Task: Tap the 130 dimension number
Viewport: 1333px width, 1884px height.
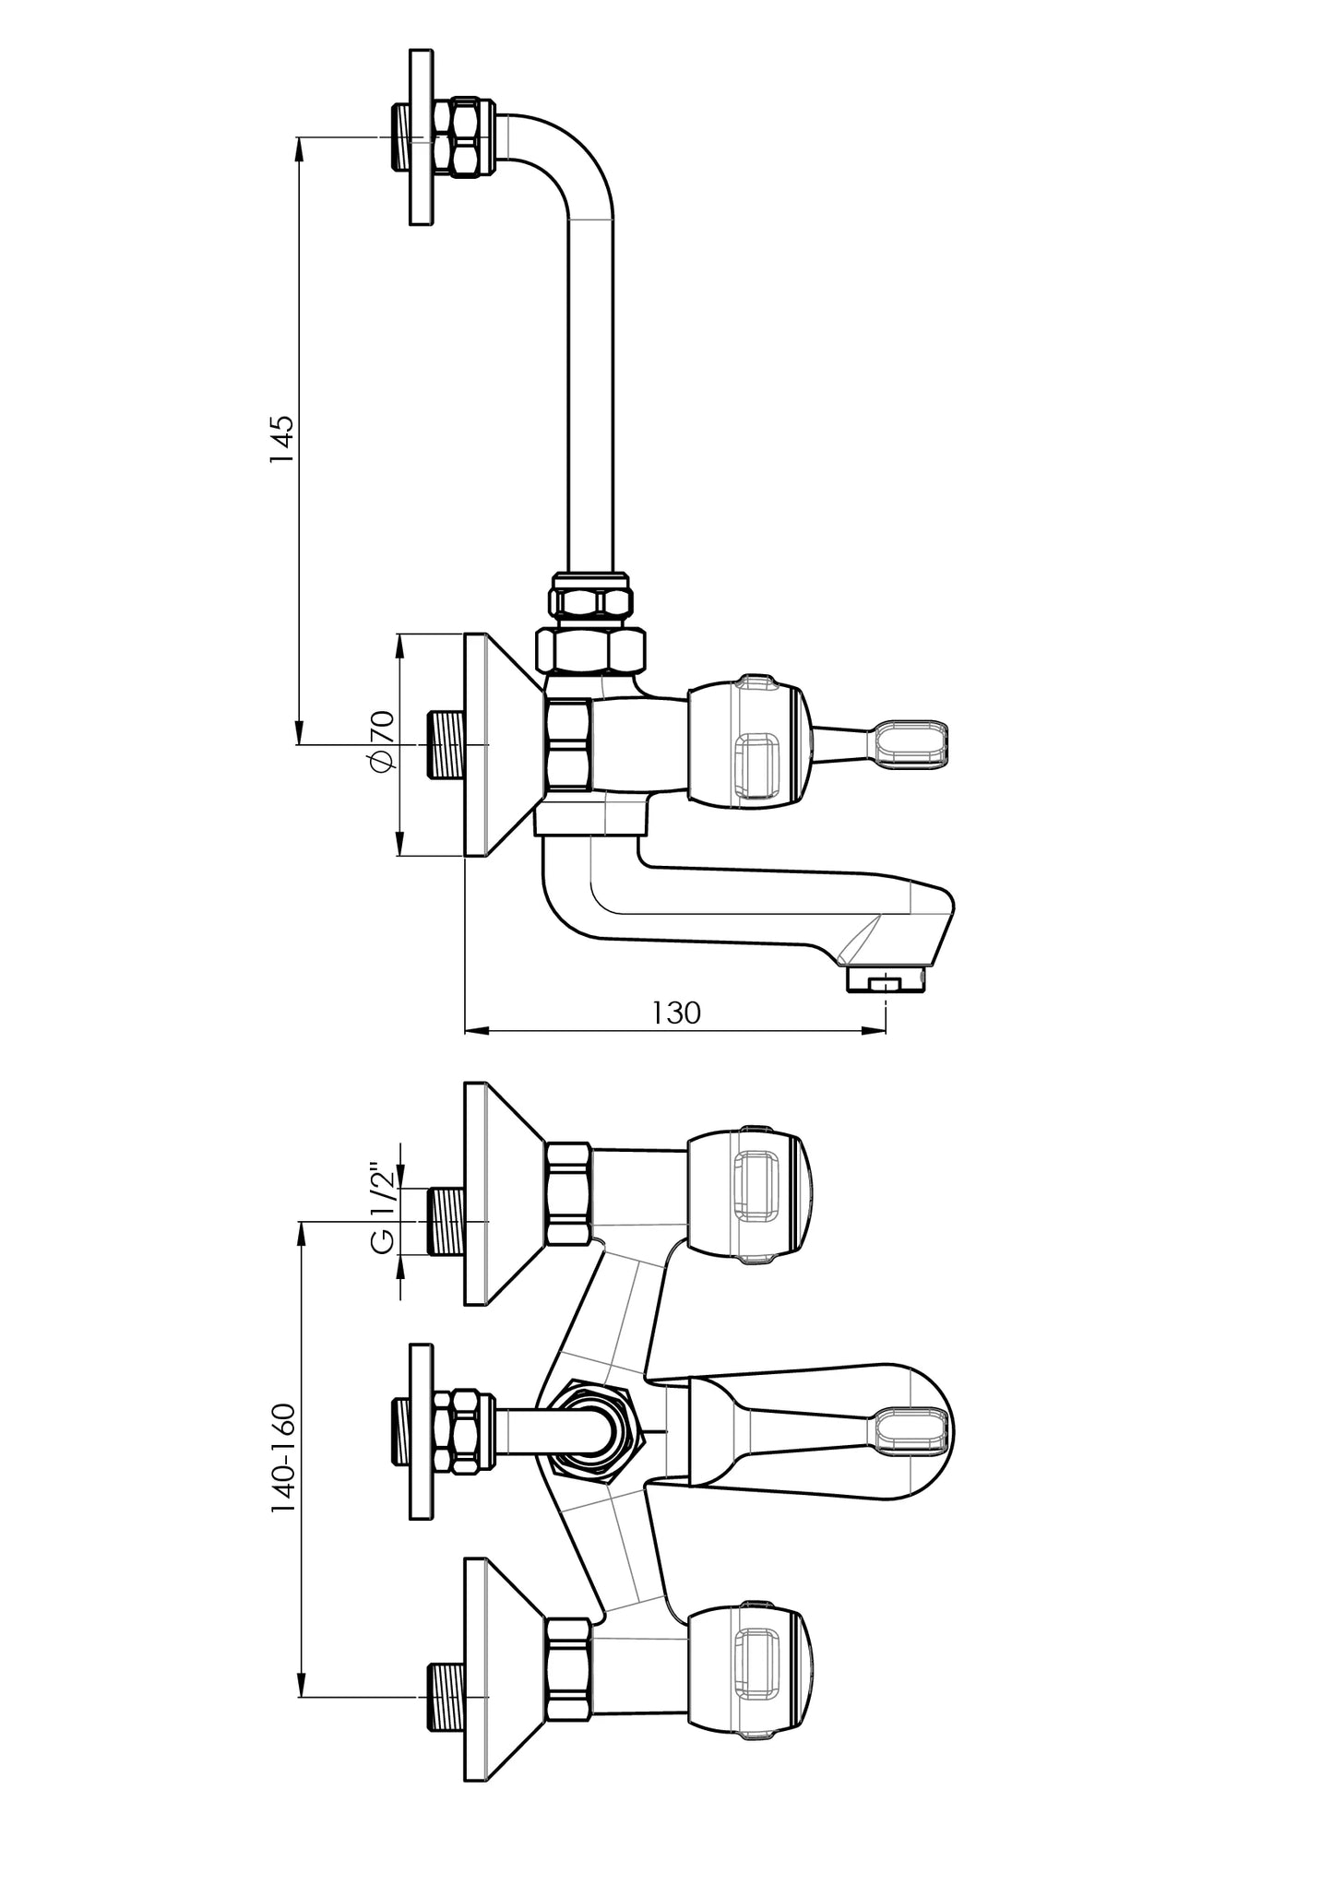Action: click(x=677, y=1013)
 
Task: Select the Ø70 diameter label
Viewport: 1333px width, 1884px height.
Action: click(x=380, y=743)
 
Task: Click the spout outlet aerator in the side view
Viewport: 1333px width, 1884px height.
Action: click(x=886, y=982)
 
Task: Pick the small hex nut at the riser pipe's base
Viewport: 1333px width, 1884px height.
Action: click(x=590, y=594)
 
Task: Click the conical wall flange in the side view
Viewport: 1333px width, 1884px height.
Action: click(x=504, y=745)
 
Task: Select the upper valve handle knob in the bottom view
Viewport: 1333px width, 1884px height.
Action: click(x=748, y=1195)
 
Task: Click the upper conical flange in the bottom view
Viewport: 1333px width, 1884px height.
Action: click(x=504, y=1195)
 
